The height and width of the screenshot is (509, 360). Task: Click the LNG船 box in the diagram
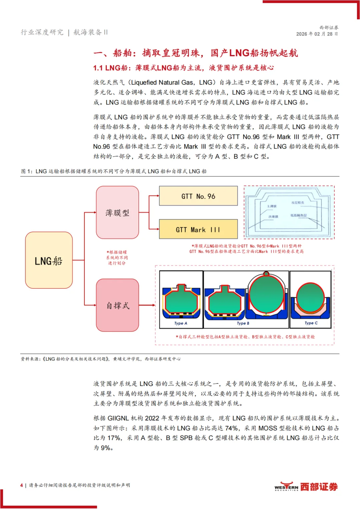49,260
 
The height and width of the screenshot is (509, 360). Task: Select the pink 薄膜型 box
117,212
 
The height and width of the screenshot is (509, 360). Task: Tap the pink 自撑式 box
117,305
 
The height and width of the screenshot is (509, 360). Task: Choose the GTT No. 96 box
198,196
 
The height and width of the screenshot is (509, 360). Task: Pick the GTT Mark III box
198,229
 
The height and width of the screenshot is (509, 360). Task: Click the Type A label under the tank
181,323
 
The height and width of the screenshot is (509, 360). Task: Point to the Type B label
243,323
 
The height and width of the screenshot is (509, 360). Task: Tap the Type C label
311,323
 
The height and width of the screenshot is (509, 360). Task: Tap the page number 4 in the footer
22,485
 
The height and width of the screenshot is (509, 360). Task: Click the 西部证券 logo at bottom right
306,487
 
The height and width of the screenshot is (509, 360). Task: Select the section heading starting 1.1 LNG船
183,68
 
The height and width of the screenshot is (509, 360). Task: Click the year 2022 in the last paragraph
152,418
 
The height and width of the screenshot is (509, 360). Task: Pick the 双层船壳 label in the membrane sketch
298,203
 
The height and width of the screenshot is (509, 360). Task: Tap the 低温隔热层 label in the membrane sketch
298,215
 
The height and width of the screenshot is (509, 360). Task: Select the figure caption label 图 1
27,171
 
